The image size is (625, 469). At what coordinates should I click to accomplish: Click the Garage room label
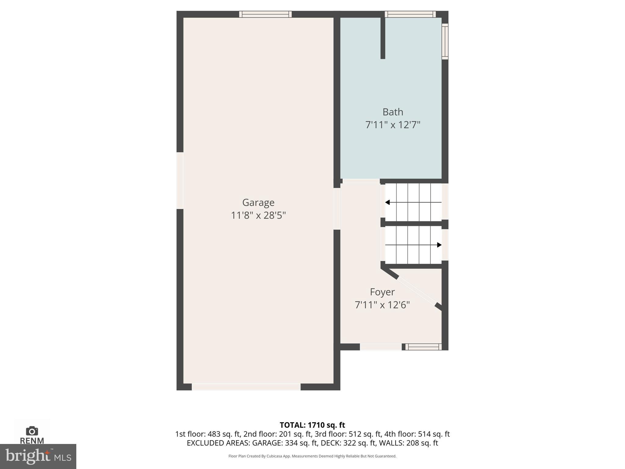pyautogui.click(x=258, y=202)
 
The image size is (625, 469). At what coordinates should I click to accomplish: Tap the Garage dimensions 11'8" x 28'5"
pyautogui.click(x=258, y=216)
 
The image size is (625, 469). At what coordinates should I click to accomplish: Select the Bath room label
pyautogui.click(x=393, y=112)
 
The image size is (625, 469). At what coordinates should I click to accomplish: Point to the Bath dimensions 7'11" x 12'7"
pyautogui.click(x=393, y=125)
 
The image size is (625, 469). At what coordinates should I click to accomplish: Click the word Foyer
pyautogui.click(x=382, y=292)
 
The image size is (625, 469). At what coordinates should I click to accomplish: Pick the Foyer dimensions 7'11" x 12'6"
pyautogui.click(x=382, y=305)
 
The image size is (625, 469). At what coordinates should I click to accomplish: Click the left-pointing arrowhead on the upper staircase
pyautogui.click(x=388, y=202)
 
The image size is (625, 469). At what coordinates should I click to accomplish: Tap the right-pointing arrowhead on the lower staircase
pyautogui.click(x=439, y=245)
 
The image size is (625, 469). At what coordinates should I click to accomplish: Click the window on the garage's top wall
pyautogui.click(x=265, y=14)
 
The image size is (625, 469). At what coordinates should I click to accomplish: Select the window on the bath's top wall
pyautogui.click(x=410, y=14)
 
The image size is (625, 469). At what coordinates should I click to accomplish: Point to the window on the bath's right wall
pyautogui.click(x=445, y=41)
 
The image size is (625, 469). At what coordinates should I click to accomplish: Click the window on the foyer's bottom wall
pyautogui.click(x=423, y=347)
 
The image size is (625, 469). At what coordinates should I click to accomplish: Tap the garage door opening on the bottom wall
pyautogui.click(x=246, y=387)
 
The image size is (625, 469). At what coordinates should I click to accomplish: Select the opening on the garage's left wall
pyautogui.click(x=180, y=180)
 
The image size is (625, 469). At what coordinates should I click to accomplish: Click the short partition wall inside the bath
pyautogui.click(x=383, y=38)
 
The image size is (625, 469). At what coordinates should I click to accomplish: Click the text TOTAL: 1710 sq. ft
pyautogui.click(x=312, y=425)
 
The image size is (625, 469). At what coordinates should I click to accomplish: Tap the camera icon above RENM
pyautogui.click(x=32, y=431)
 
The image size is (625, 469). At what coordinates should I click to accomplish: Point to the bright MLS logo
pyautogui.click(x=38, y=456)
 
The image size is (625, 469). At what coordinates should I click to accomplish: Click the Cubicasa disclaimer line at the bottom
pyautogui.click(x=312, y=456)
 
